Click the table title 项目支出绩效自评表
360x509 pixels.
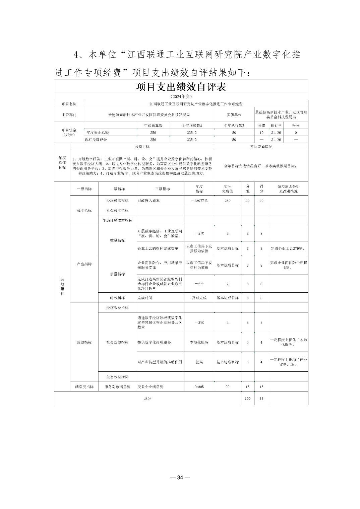[181, 87]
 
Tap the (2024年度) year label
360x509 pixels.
[181, 96]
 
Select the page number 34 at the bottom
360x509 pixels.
[180, 478]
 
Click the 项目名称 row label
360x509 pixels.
[69, 104]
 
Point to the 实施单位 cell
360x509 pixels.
[234, 115]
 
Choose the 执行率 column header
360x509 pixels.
[276, 125]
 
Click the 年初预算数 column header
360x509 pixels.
[153, 125]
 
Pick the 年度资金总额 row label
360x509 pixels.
[98, 133]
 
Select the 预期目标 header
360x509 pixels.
[142, 147]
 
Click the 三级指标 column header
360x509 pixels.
[161, 189]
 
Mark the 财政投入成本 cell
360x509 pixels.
[148, 201]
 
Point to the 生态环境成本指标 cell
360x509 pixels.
[117, 220]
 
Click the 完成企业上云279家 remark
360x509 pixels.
[288, 248]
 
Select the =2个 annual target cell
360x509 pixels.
[199, 284]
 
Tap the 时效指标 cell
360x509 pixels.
[117, 298]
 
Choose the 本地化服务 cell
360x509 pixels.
[199, 342]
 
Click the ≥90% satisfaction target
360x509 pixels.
[199, 387]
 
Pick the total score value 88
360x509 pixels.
[261, 398]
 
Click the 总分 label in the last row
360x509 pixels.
[147, 398]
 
